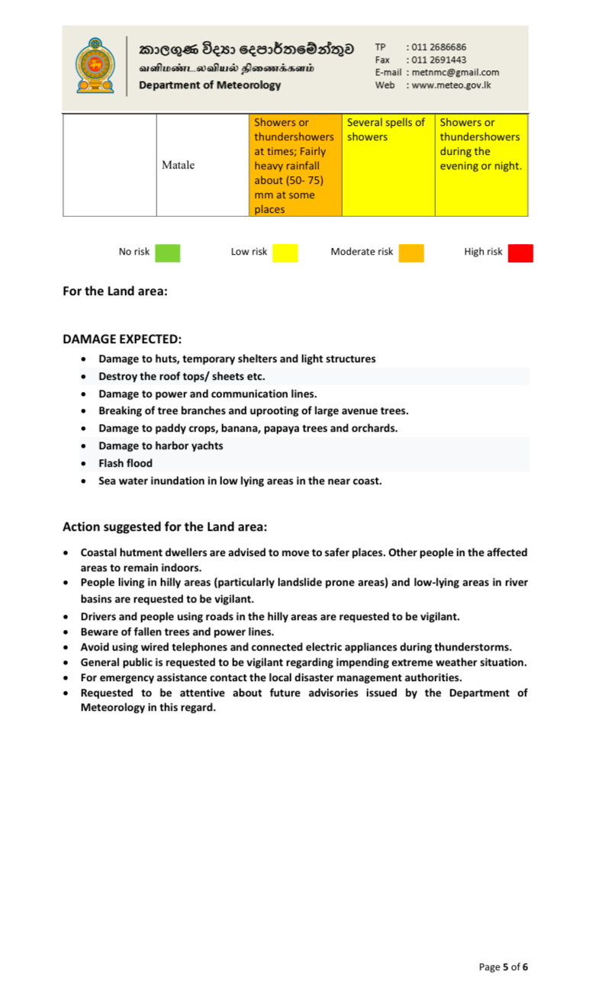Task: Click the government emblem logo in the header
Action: tap(94, 66)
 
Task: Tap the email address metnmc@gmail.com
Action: tap(454, 72)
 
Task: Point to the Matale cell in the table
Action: tap(178, 165)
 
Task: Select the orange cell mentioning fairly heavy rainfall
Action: tap(295, 165)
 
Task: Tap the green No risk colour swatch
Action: tap(167, 252)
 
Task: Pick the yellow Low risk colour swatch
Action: tap(285, 252)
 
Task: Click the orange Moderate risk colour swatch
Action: tap(411, 252)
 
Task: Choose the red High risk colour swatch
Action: tap(520, 252)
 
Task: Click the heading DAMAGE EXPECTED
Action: tap(122, 339)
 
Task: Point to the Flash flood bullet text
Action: tap(125, 463)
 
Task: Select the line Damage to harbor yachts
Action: tap(160, 445)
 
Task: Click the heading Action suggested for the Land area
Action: tap(164, 526)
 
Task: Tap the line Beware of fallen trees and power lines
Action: tap(177, 632)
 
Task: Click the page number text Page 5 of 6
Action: tap(503, 966)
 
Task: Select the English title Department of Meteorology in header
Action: tap(210, 85)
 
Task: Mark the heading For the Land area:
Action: tap(114, 291)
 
